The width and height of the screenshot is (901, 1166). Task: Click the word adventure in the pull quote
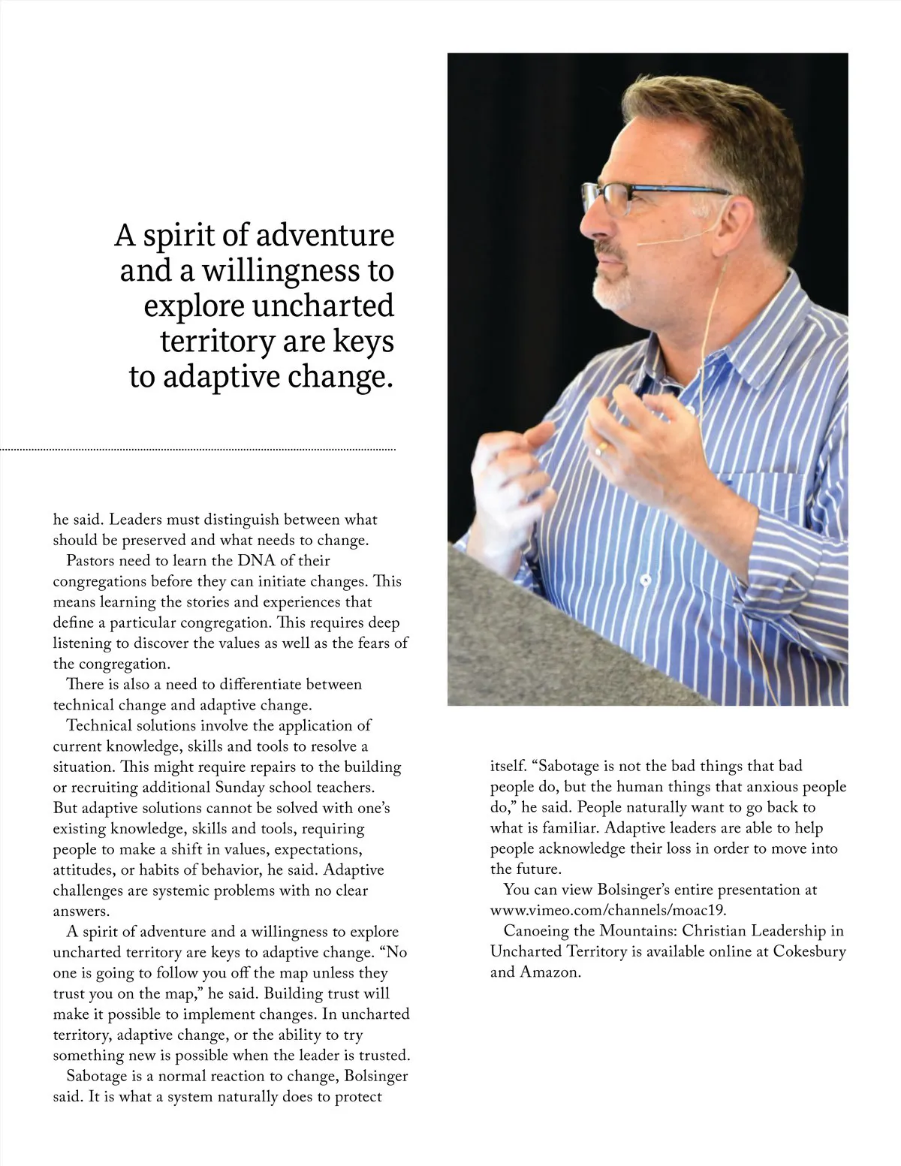[x=325, y=236]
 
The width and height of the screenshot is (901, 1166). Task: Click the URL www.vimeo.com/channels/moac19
[x=608, y=910]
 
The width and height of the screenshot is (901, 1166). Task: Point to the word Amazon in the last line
[x=550, y=972]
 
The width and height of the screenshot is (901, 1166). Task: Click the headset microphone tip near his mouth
[x=640, y=244]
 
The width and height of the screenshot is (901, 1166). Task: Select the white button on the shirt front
[x=644, y=580]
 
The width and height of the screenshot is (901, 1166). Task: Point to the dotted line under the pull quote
[x=198, y=450]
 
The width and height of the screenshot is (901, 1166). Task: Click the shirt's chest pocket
[x=773, y=511]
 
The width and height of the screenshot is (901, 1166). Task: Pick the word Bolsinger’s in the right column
[x=628, y=890]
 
